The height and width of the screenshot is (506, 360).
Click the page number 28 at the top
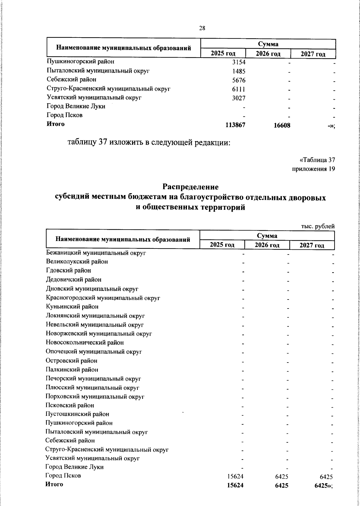(x=202, y=28)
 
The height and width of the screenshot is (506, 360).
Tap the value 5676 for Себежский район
(x=238, y=80)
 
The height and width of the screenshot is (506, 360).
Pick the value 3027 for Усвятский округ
(x=238, y=98)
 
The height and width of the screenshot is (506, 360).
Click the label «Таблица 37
(x=317, y=159)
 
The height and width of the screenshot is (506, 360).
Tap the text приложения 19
(x=313, y=169)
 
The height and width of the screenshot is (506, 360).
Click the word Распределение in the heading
(x=190, y=187)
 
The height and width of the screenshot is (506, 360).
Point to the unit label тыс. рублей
(x=318, y=227)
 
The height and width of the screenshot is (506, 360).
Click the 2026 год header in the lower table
(x=267, y=245)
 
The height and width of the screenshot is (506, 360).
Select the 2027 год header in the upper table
(x=313, y=54)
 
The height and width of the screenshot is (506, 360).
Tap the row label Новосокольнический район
(x=85, y=342)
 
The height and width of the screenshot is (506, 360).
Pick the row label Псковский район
(x=70, y=405)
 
